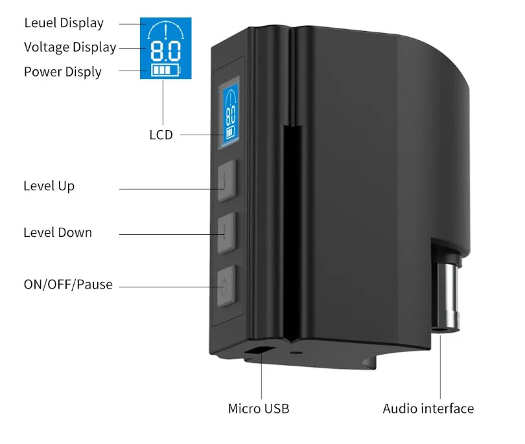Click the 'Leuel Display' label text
(64, 23)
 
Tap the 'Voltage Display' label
(70, 47)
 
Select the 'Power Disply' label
(63, 72)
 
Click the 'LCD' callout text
(161, 135)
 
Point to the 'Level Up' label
(49, 186)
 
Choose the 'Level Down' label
(58, 232)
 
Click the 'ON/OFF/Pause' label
(68, 284)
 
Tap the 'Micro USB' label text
(259, 408)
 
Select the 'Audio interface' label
(428, 408)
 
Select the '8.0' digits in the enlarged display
(165, 51)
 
